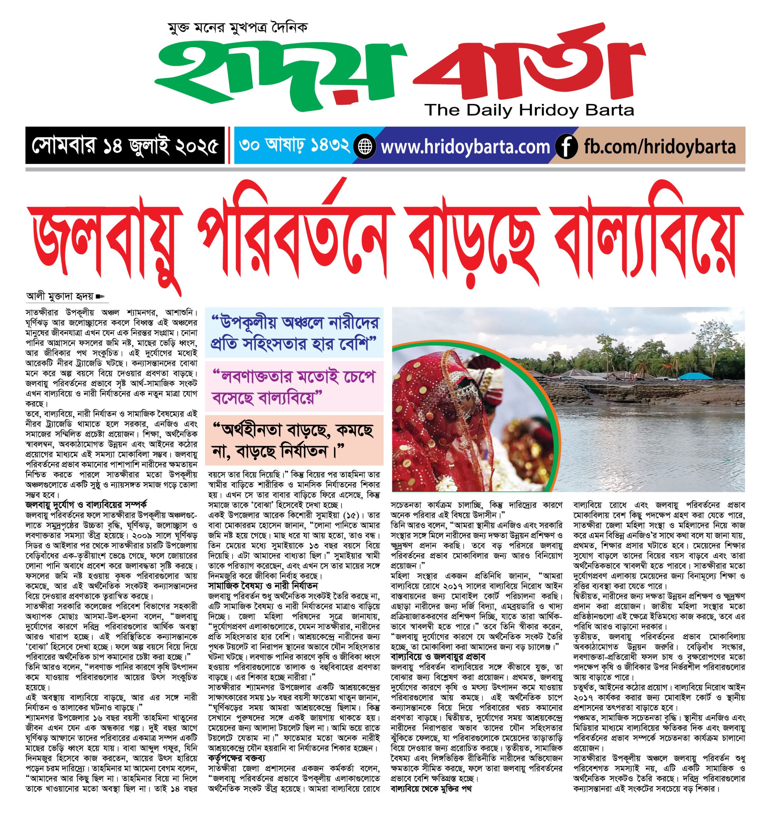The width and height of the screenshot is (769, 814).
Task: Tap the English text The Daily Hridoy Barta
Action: pyautogui.click(x=529, y=110)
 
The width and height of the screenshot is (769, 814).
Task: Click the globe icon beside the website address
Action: pyautogui.click(x=364, y=146)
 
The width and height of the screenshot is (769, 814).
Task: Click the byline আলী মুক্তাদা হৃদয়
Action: pyautogui.click(x=60, y=296)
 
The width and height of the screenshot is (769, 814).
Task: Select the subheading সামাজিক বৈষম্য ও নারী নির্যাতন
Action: pyautogui.click(x=262, y=585)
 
